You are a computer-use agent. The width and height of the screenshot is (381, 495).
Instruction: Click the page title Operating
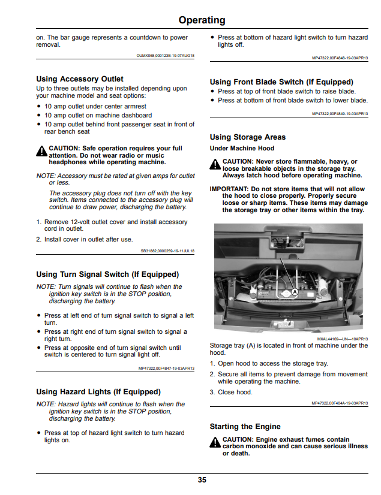click(202, 20)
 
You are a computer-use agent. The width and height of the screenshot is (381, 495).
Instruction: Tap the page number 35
click(202, 480)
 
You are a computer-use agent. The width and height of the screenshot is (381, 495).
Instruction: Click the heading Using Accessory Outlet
click(80, 79)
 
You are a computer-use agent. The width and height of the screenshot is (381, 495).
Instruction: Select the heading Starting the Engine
click(245, 427)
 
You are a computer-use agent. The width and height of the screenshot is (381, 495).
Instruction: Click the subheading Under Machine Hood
click(242, 149)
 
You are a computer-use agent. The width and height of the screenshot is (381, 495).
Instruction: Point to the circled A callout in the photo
click(295, 292)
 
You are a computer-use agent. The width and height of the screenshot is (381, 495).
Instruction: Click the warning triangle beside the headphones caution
click(42, 151)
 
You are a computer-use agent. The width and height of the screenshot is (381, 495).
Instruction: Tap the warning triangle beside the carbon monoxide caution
click(215, 442)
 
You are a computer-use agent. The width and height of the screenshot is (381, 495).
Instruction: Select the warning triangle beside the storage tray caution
click(215, 164)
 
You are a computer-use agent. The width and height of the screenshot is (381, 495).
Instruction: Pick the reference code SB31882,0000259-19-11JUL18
click(167, 251)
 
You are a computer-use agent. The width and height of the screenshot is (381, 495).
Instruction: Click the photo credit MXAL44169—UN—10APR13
click(343, 339)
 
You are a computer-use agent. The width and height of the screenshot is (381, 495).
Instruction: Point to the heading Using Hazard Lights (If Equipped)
click(98, 392)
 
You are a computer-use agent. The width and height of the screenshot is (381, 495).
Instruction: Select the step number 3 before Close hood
click(212, 393)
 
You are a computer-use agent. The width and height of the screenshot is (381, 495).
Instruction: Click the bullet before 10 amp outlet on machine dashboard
click(39, 116)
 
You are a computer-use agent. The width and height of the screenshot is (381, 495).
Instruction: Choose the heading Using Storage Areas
click(248, 137)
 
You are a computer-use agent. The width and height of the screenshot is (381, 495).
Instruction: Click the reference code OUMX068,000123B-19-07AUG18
click(166, 56)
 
